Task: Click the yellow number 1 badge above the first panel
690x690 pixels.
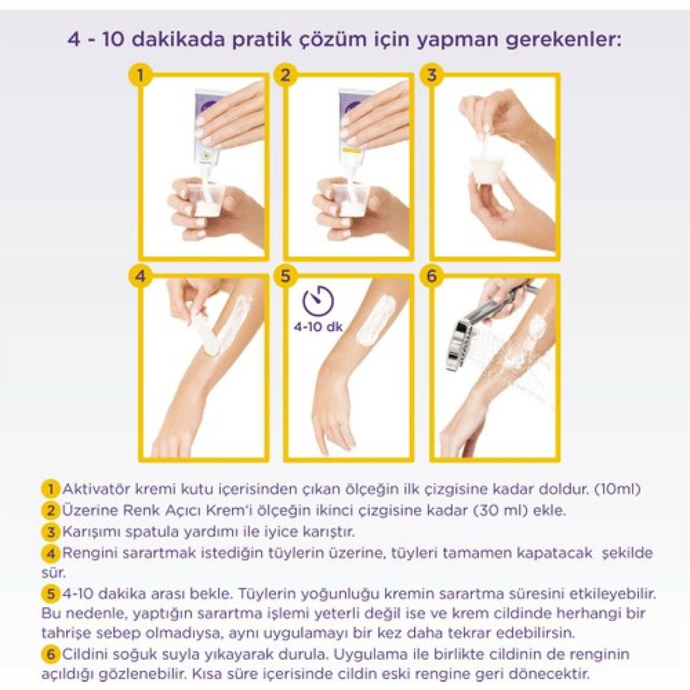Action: tap(140, 75)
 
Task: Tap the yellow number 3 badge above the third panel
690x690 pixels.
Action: tap(432, 75)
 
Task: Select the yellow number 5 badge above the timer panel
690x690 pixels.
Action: tap(286, 277)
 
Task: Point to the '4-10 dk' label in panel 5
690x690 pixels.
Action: tap(318, 327)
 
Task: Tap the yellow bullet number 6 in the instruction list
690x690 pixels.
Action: tap(51, 654)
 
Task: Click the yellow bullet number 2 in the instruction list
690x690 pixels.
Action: tap(51, 510)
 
